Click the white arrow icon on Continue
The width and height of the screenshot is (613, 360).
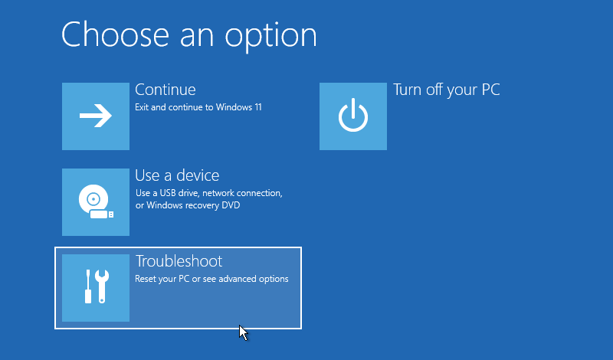pos(95,116)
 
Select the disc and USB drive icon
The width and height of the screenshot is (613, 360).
pos(96,201)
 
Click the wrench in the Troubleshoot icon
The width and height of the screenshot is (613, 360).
pos(102,286)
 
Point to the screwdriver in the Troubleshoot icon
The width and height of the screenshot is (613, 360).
pos(88,286)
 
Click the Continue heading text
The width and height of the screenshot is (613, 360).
pos(166,90)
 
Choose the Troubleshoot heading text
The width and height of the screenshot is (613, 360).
pos(179,261)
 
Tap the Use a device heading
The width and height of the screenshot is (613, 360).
pos(177,175)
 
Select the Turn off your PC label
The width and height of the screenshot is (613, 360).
pos(447,90)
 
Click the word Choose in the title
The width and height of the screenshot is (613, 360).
pos(115,34)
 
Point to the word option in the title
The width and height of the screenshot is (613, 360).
pos(270,37)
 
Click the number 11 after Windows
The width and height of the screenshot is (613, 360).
pos(257,107)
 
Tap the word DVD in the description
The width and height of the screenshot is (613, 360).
pos(231,205)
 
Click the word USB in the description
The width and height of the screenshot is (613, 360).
pos(168,193)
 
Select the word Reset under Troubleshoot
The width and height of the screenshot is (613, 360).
pos(145,279)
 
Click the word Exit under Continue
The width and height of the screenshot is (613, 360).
pos(142,107)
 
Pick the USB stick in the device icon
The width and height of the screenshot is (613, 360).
pos(102,214)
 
